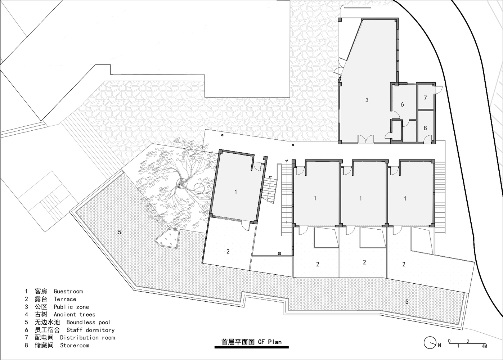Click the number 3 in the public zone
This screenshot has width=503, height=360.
coord(367,100)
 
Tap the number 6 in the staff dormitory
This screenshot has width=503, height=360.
coord(402,104)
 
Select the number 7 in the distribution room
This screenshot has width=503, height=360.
coord(425,98)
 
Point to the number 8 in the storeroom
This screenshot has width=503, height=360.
coord(425,128)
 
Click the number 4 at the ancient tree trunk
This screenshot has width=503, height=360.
coord(179,186)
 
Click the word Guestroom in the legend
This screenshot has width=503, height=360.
coord(68,292)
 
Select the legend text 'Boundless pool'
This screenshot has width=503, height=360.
coord(89,322)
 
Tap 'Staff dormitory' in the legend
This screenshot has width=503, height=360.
coord(90,330)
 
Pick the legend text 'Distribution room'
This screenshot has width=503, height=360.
coord(87,338)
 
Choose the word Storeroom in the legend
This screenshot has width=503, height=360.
coord(75,345)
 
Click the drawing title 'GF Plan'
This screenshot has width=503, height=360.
coord(270,342)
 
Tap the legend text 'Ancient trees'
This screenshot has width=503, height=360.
coord(75,314)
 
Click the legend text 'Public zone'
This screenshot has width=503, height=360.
coord(71,307)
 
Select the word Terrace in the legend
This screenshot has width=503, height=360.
coord(65,299)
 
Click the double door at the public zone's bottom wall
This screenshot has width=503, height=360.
coord(366,139)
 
